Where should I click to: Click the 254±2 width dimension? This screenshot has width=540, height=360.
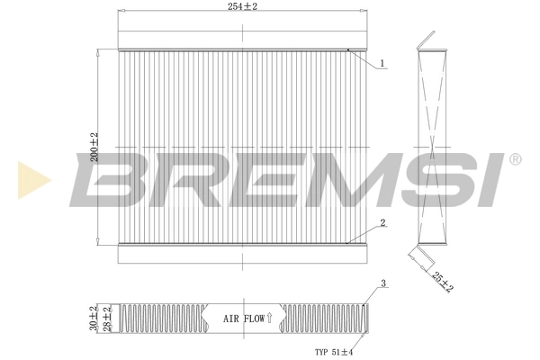point(243,7)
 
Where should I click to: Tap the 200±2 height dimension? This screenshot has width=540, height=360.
point(94,147)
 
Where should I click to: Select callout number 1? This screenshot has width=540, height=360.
point(382,63)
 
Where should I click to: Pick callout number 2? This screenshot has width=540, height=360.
point(382,222)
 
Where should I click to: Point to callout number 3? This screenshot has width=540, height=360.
point(382,284)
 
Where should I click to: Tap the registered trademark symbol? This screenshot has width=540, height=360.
point(515,158)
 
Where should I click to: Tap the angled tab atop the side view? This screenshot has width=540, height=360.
point(427,40)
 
